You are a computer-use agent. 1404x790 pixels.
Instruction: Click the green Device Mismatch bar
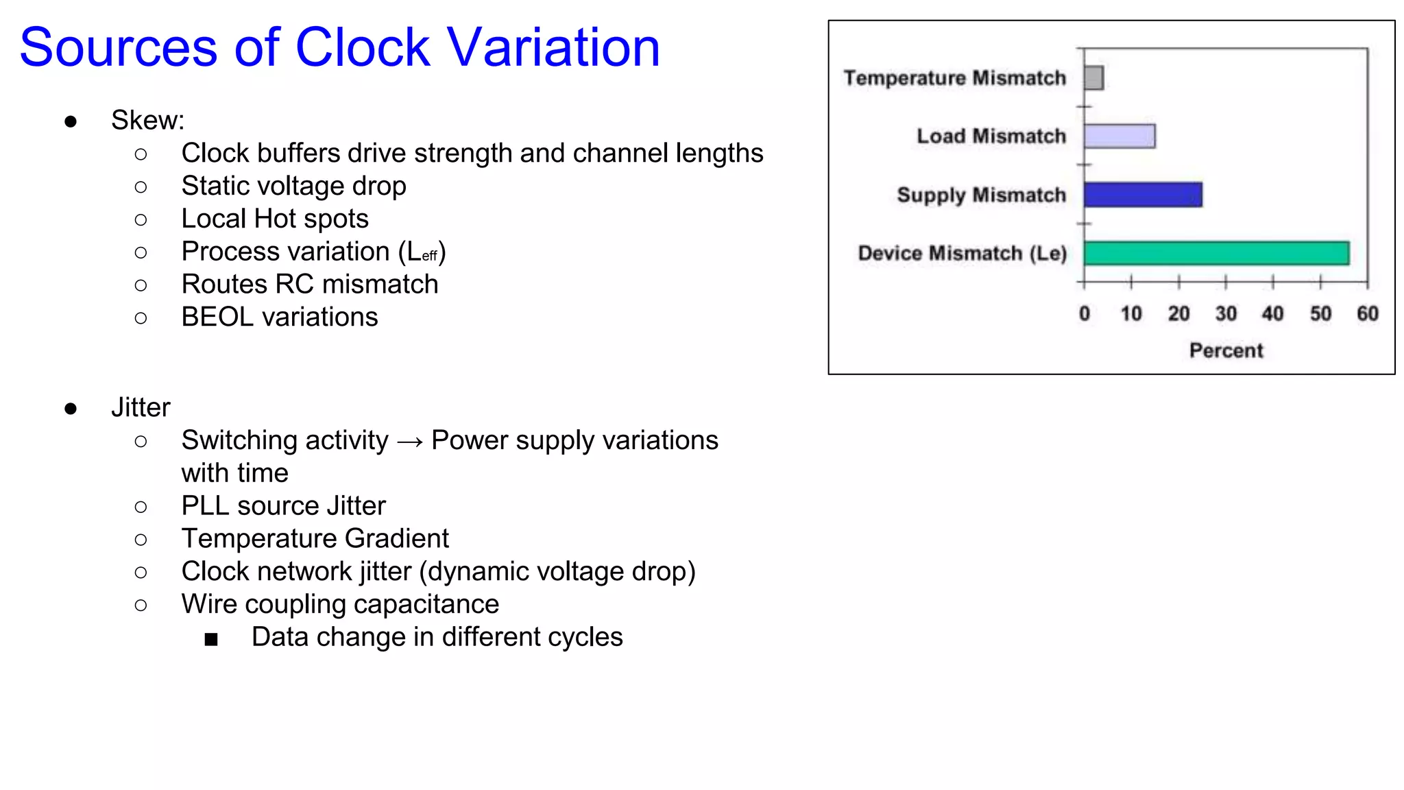(1216, 253)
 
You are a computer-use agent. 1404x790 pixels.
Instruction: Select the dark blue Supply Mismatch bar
(1143, 195)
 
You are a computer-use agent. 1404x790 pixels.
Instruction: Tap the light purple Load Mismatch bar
(1119, 136)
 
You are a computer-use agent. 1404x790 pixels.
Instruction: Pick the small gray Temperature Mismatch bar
(1093, 77)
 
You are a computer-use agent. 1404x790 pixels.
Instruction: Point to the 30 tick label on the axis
(1226, 314)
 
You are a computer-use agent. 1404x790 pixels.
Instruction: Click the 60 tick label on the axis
(1367, 314)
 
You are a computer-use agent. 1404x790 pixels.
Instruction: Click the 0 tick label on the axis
(1084, 314)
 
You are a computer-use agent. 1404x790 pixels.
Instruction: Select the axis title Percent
(1226, 350)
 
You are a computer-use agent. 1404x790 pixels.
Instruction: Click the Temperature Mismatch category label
(954, 78)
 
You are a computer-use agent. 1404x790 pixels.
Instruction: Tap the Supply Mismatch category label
(981, 195)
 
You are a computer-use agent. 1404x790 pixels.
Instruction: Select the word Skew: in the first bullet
(147, 121)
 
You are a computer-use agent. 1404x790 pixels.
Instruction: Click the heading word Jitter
(141, 407)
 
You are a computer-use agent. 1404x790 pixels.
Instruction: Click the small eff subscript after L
(430, 256)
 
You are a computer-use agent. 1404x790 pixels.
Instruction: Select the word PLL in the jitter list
(205, 506)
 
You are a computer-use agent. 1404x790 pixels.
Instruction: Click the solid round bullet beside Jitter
(71, 409)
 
